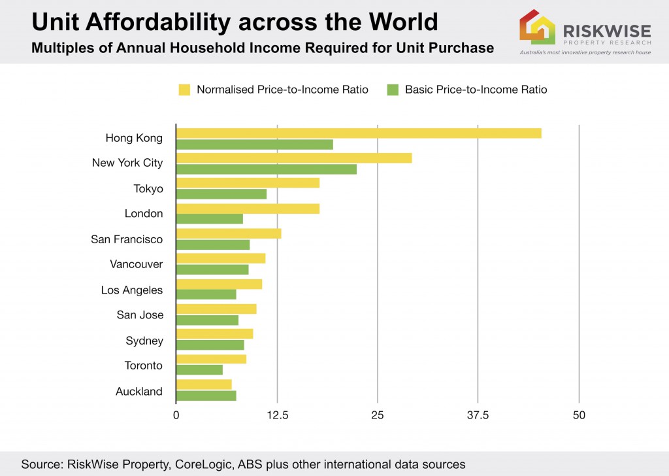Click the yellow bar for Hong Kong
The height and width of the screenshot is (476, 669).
pyautogui.click(x=359, y=133)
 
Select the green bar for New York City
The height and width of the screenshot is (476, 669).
pyautogui.click(x=267, y=169)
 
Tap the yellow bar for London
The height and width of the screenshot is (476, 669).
pyautogui.click(x=248, y=209)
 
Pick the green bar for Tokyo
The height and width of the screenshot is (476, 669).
pyautogui.click(x=221, y=194)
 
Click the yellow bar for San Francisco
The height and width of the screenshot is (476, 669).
pyautogui.click(x=229, y=233)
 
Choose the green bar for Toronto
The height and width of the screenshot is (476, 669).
pyautogui.click(x=199, y=370)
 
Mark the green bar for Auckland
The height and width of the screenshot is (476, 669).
pyautogui.click(x=206, y=396)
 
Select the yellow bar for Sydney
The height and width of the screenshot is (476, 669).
pyautogui.click(x=214, y=333)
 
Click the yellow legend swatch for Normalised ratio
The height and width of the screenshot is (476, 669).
pyautogui.click(x=184, y=90)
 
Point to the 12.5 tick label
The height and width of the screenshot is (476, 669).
pyautogui.click(x=278, y=415)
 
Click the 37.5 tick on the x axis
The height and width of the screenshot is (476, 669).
pyautogui.click(x=478, y=415)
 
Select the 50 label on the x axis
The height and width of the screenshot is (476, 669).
pyautogui.click(x=579, y=415)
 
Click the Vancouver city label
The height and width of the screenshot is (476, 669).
pyautogui.click(x=136, y=264)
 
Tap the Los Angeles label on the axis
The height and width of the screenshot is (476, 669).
pyautogui.click(x=132, y=290)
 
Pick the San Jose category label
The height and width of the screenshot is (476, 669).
pyautogui.click(x=140, y=315)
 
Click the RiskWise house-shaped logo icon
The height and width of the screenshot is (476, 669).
pyautogui.click(x=537, y=27)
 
